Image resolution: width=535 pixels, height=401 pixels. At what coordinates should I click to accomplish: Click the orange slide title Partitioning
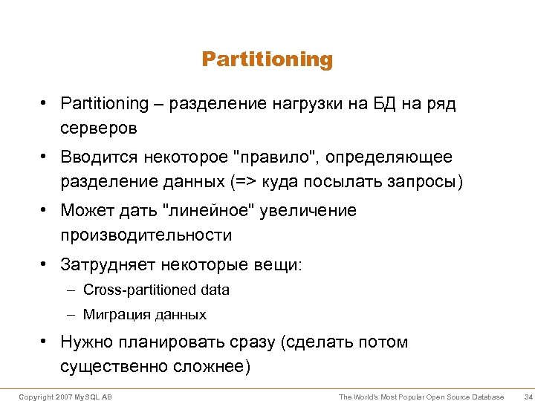267,59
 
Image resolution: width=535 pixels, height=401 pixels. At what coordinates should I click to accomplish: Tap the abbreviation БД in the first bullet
381,103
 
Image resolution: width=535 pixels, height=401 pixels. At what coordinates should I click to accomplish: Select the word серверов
99,128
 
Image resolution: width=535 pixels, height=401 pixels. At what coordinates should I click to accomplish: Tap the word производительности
146,235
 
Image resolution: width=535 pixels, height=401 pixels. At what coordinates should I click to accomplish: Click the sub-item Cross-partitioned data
156,290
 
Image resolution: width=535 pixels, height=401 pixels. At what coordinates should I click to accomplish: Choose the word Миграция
117,315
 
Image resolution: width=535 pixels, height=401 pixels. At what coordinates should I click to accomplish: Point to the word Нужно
86,342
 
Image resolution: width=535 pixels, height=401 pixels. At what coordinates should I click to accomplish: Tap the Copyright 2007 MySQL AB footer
65,397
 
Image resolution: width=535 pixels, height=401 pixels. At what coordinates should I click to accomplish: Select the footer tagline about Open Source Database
421,397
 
